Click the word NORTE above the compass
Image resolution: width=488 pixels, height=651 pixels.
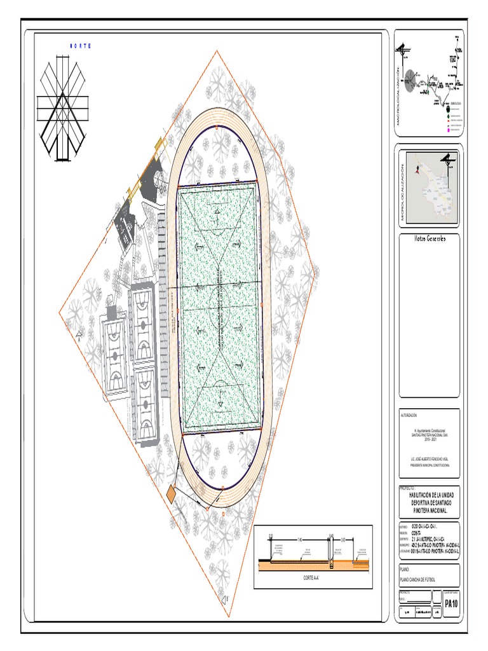79,46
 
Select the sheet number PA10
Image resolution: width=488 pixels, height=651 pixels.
451,603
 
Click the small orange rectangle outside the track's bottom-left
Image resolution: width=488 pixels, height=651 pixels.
172,493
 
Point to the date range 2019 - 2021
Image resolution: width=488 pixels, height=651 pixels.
430,438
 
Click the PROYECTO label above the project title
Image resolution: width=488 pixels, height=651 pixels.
407,488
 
